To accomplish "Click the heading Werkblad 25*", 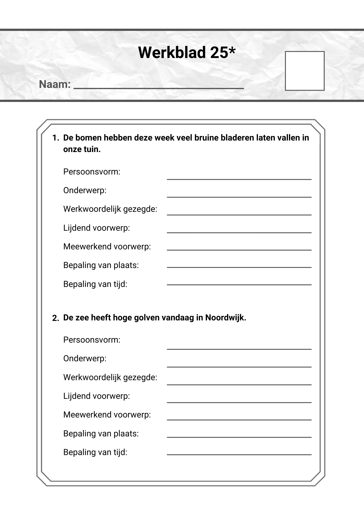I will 187,53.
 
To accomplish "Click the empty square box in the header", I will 305,71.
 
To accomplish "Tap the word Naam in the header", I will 54,84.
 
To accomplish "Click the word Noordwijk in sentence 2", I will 225,318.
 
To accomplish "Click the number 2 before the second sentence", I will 55,318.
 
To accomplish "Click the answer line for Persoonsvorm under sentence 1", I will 239,179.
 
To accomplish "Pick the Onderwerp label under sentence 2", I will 85,358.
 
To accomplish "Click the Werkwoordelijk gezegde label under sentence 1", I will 110,209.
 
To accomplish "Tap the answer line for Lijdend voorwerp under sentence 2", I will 239,402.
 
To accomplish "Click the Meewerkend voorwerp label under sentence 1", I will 107,247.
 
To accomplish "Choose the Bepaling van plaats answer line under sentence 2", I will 239,437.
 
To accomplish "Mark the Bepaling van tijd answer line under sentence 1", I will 239,284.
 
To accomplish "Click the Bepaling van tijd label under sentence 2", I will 95,452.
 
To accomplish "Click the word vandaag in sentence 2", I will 178,318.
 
